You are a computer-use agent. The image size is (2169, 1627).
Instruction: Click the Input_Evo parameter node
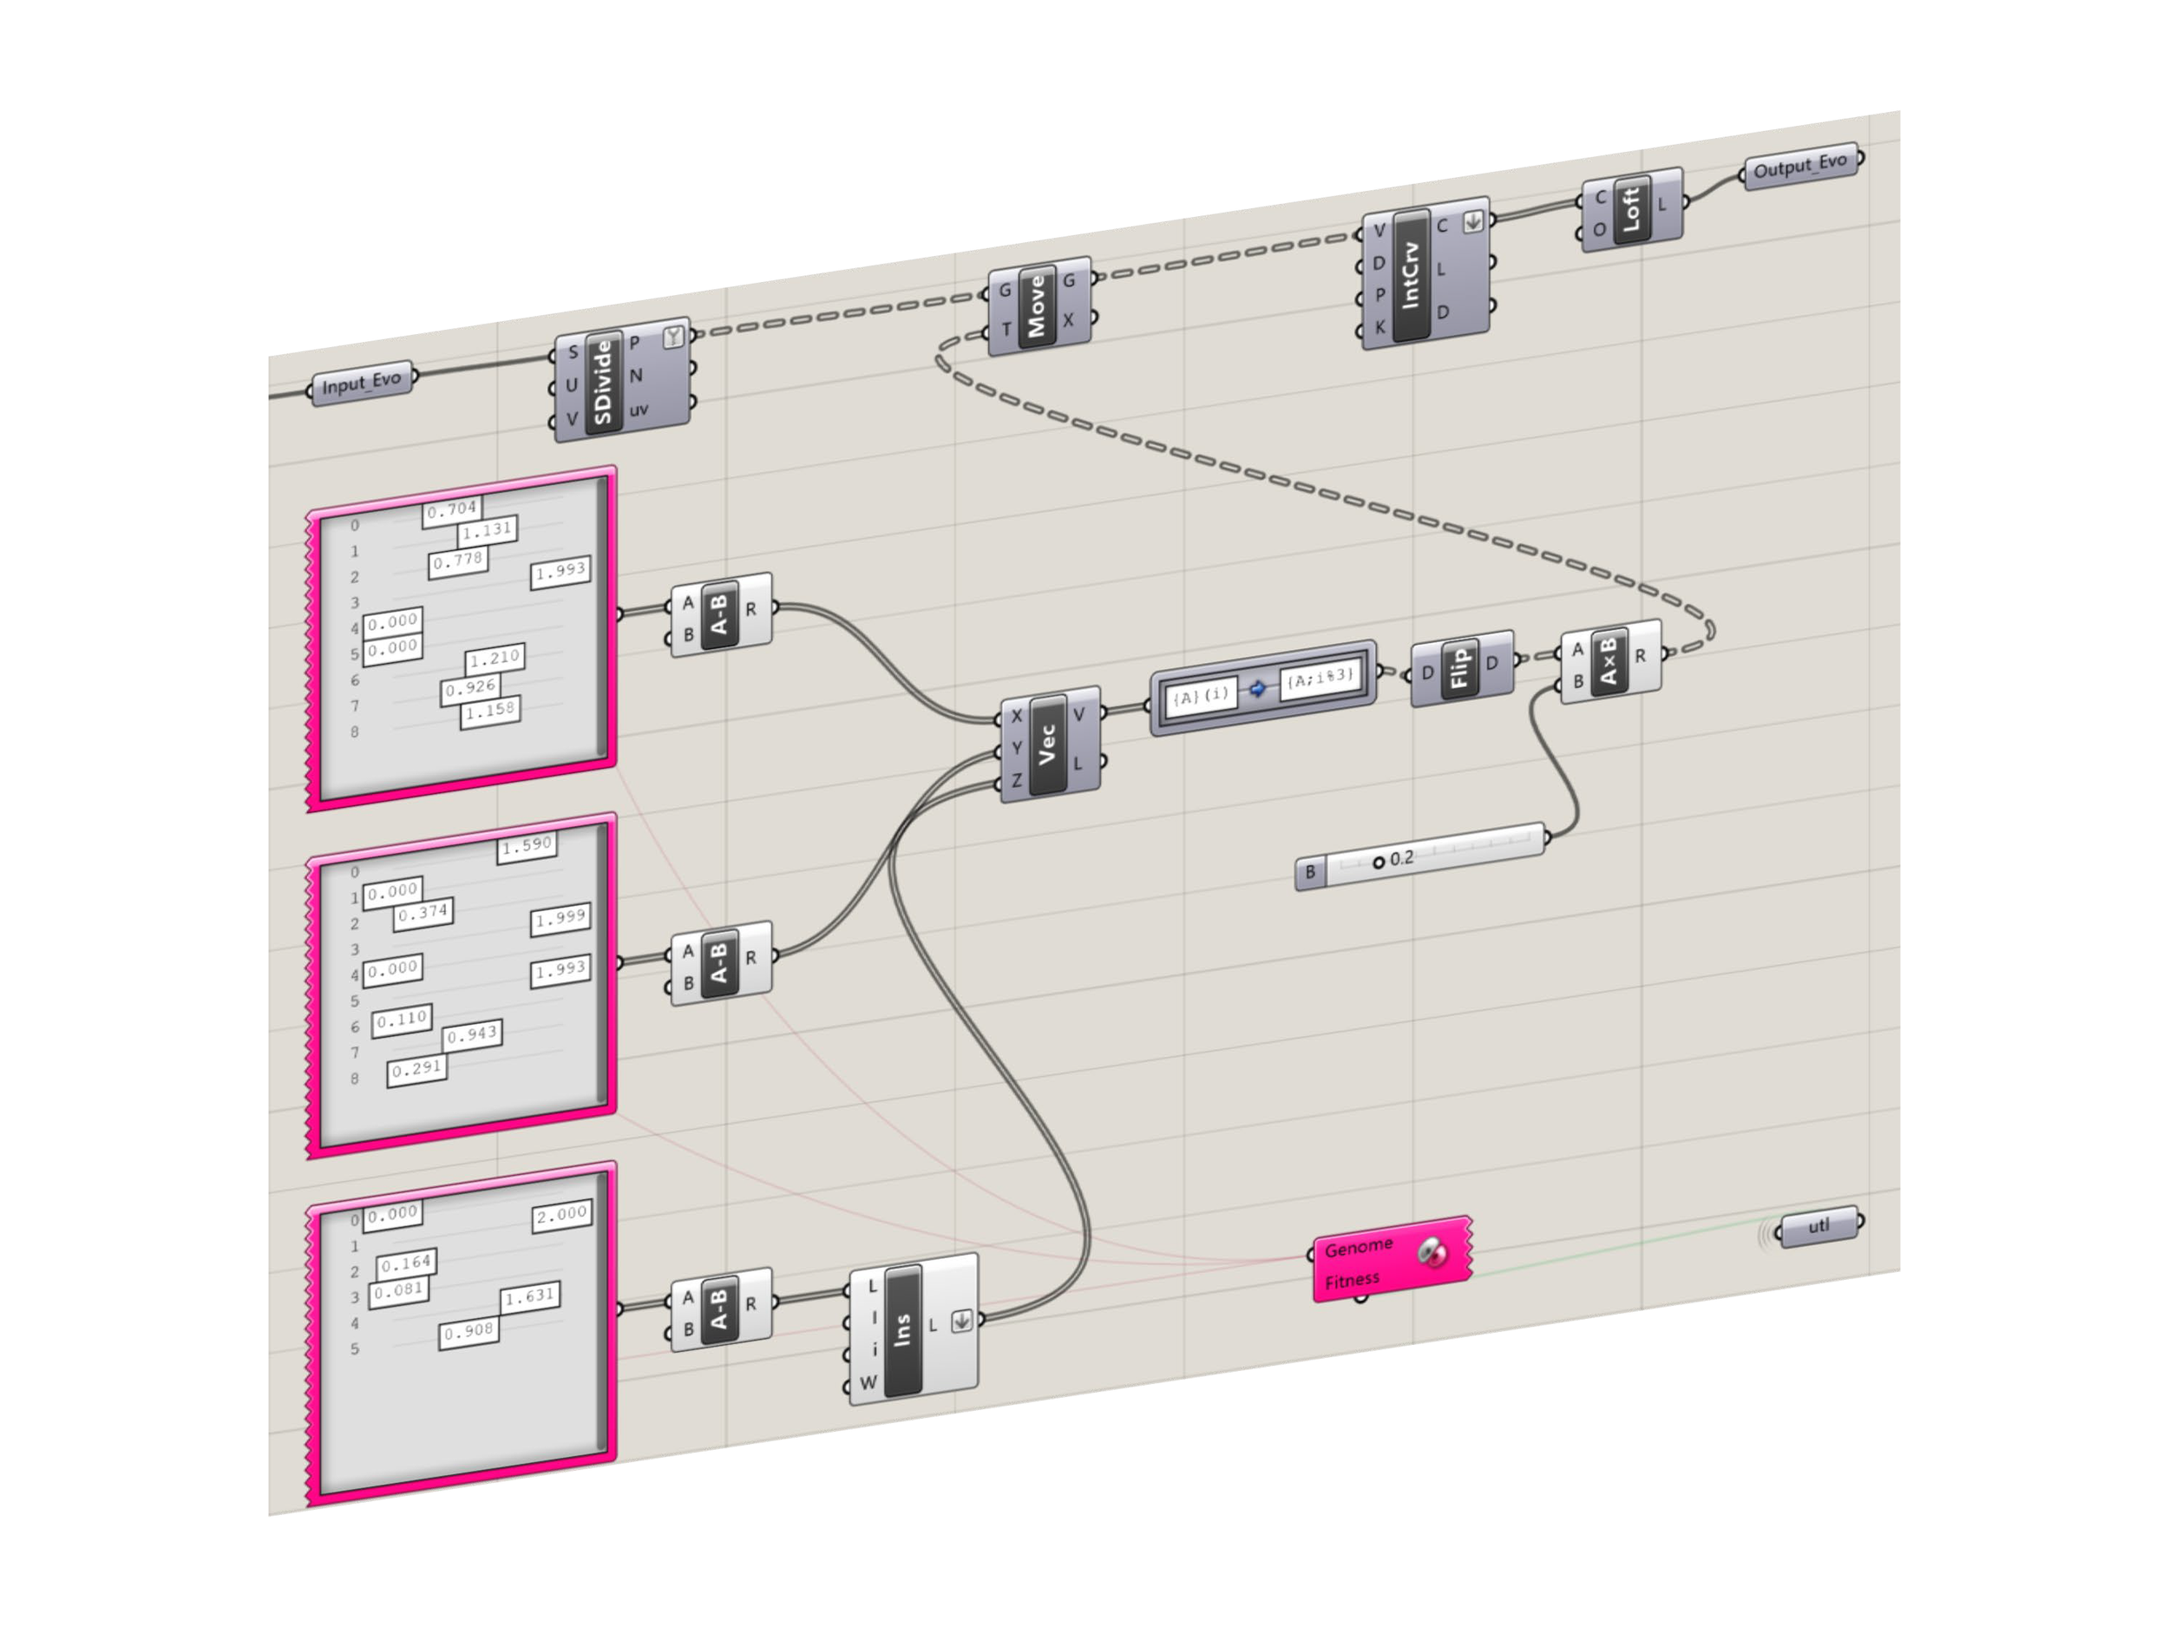click(362, 383)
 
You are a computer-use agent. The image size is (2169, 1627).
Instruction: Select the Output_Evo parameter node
click(1800, 165)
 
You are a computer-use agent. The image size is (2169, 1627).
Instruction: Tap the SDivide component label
click(603, 382)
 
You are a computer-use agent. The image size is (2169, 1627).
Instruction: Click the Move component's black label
click(1037, 305)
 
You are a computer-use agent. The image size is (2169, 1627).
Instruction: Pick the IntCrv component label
click(1410, 276)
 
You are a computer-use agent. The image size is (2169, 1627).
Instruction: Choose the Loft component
click(1631, 209)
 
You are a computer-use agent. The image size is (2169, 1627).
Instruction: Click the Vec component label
click(1047, 745)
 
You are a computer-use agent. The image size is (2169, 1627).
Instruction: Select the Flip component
click(1459, 668)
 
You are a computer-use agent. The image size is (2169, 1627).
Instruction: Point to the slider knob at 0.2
click(1378, 862)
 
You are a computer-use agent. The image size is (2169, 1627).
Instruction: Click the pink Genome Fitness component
click(1391, 1261)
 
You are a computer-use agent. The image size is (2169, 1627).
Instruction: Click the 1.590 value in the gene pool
click(528, 845)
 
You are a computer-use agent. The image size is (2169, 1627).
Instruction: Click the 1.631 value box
click(529, 1296)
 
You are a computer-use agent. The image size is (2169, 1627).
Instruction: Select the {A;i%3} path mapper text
click(1319, 678)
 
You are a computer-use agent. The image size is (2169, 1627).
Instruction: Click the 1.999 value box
click(560, 917)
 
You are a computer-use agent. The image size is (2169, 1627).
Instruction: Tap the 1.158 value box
click(489, 710)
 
